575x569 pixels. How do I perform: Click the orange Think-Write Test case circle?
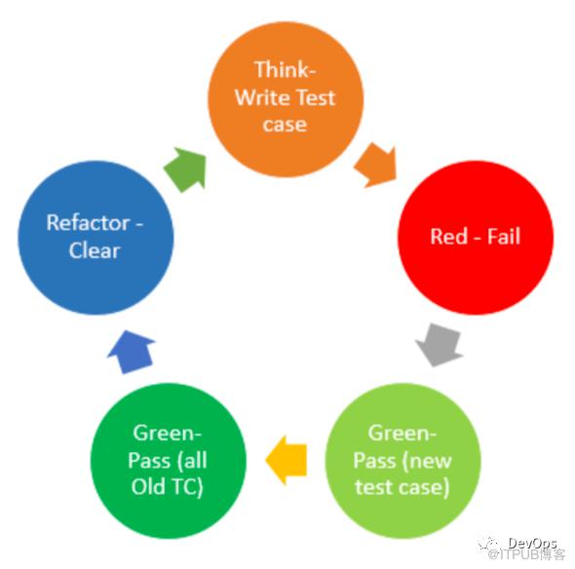[286, 99]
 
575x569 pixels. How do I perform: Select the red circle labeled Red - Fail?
[476, 237]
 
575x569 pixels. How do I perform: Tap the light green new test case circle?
[402, 461]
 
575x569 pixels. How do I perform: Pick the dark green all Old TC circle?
[169, 461]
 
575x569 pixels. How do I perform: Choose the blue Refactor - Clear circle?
[96, 238]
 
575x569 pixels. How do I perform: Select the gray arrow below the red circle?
[439, 345]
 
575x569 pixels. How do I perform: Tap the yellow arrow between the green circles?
[286, 460]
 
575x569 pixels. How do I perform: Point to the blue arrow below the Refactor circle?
[132, 352]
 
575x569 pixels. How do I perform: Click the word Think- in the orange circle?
[285, 69]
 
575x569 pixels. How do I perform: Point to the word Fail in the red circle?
[504, 236]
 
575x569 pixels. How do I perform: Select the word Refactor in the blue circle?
[88, 222]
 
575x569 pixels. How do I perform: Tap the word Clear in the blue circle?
[95, 250]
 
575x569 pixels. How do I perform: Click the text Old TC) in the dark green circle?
[168, 487]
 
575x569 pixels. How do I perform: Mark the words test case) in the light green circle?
[402, 487]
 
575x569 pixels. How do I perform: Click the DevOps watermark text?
[532, 543]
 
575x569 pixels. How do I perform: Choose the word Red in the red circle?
[447, 236]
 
